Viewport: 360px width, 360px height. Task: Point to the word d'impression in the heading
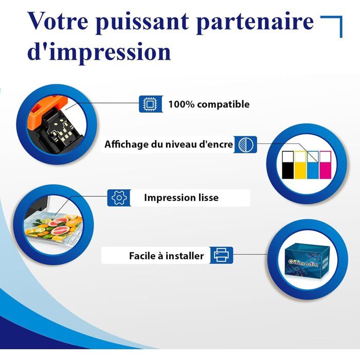pyautogui.click(x=99, y=51)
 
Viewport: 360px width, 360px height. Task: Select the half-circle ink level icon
pyautogui.click(x=247, y=145)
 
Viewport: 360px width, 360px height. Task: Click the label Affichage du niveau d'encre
pyautogui.click(x=169, y=145)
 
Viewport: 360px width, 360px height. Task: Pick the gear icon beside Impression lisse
pyautogui.click(x=119, y=197)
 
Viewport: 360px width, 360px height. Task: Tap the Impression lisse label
pyautogui.click(x=181, y=197)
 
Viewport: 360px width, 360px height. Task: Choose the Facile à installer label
pyautogui.click(x=167, y=255)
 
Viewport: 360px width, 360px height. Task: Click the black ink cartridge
pyautogui.click(x=287, y=165)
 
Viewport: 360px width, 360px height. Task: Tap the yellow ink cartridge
pyautogui.click(x=300, y=165)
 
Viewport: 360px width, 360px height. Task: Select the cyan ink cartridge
pyautogui.click(x=313, y=165)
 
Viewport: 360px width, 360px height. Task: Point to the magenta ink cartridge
pyautogui.click(x=326, y=165)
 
